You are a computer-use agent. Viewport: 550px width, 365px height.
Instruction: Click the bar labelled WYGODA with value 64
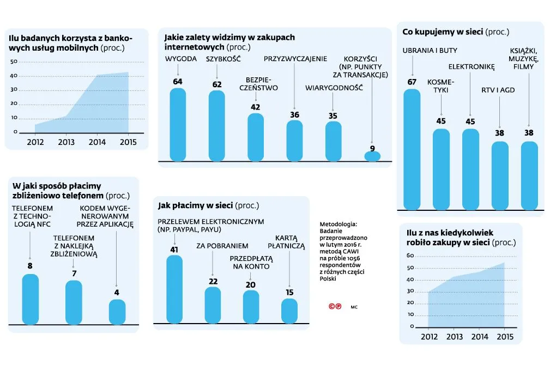[x=178, y=125]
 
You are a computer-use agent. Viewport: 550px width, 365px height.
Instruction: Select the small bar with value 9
[x=372, y=156]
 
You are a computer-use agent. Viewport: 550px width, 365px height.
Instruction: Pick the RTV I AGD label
[x=498, y=90]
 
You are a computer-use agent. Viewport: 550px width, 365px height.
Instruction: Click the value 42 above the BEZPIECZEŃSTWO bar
[x=255, y=107]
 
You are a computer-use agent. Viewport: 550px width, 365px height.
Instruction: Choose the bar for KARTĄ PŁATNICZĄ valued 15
[x=289, y=310]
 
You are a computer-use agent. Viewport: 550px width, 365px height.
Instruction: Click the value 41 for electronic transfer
[x=174, y=250]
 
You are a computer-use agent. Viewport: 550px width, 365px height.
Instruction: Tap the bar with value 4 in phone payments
[x=117, y=312]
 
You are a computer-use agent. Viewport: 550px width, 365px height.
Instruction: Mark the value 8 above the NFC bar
[x=30, y=266]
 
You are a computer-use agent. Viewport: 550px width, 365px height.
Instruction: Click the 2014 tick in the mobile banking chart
[x=97, y=143]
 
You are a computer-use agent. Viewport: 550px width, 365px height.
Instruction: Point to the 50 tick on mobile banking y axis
[x=14, y=61]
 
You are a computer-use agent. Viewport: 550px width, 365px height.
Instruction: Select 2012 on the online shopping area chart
[x=430, y=337]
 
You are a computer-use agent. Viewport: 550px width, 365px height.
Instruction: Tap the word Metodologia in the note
[x=338, y=224]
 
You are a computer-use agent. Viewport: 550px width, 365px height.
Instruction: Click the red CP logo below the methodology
[x=335, y=306]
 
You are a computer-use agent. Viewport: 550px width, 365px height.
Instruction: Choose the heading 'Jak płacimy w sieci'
[x=195, y=205]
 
